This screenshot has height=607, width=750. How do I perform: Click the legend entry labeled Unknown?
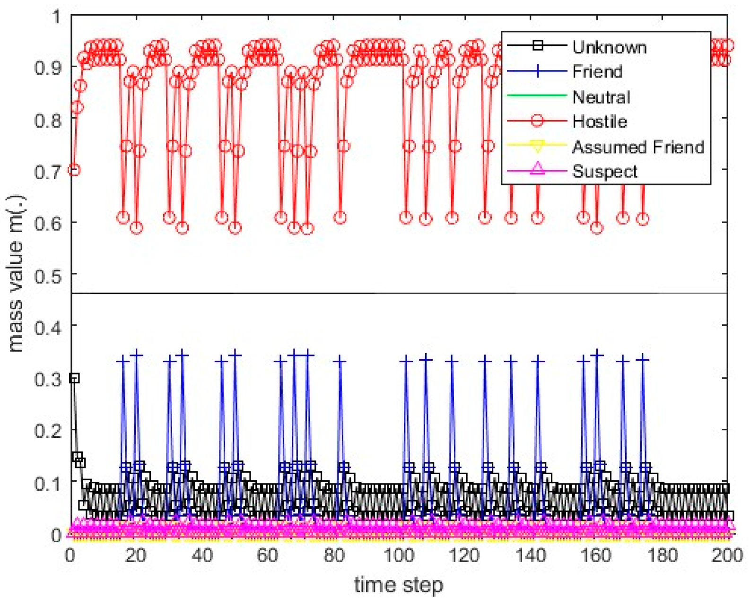(609, 47)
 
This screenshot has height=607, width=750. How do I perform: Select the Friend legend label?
(597, 72)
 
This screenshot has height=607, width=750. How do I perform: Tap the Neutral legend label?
(601, 97)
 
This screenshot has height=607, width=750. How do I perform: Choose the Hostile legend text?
(599, 121)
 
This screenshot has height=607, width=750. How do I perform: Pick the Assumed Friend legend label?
(638, 147)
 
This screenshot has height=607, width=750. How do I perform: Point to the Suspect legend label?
(604, 171)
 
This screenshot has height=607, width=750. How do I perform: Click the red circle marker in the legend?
(537, 121)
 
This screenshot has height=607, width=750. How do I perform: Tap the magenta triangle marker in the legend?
(537, 169)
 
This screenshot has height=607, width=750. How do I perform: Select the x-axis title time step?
(399, 585)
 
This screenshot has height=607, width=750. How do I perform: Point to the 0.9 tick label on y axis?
(48, 68)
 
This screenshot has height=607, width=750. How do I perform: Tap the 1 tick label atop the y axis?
(57, 17)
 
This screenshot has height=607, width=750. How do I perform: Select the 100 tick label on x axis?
(399, 555)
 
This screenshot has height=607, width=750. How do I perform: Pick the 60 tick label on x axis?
(267, 555)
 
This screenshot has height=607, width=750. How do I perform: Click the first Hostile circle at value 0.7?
(74, 170)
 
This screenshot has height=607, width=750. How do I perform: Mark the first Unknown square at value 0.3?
(74, 378)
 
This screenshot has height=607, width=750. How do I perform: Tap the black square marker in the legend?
(537, 45)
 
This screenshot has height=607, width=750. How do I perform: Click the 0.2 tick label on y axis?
(48, 431)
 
